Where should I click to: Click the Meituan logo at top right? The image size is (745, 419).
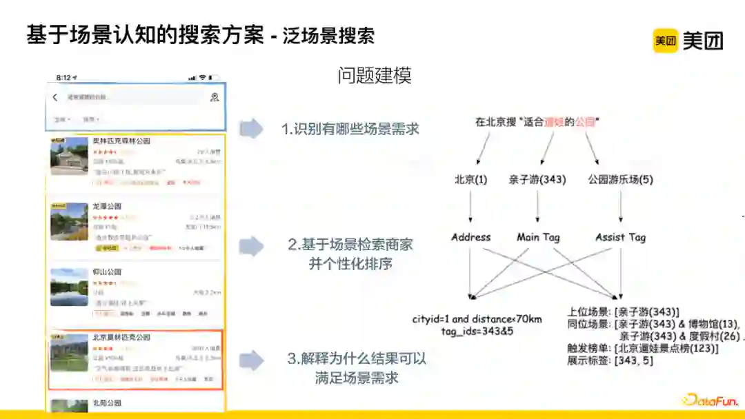(x=688, y=41)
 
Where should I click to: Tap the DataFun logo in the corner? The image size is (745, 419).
(x=711, y=399)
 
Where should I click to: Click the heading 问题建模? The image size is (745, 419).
(x=375, y=76)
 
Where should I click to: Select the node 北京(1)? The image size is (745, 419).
(x=470, y=179)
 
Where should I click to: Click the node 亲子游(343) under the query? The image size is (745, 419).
(x=537, y=179)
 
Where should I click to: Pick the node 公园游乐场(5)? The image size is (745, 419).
(x=620, y=179)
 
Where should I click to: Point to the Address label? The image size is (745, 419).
(x=471, y=237)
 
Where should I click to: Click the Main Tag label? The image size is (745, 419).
(x=538, y=237)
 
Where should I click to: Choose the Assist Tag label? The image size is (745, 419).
(x=621, y=237)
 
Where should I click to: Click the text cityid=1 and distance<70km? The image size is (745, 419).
(x=477, y=319)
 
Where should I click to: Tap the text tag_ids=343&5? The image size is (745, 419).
(x=477, y=331)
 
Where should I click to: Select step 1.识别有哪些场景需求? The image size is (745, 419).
(x=350, y=129)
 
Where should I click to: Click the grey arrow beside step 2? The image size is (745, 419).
(x=251, y=246)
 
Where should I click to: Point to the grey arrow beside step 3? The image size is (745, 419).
(x=251, y=360)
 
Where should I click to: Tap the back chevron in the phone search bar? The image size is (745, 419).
(x=55, y=97)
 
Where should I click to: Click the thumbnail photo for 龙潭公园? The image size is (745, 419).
(x=69, y=221)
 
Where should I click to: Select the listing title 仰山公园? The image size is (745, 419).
(x=107, y=272)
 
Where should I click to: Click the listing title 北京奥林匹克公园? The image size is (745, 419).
(x=121, y=337)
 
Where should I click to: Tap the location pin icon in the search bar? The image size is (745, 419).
(x=215, y=97)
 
